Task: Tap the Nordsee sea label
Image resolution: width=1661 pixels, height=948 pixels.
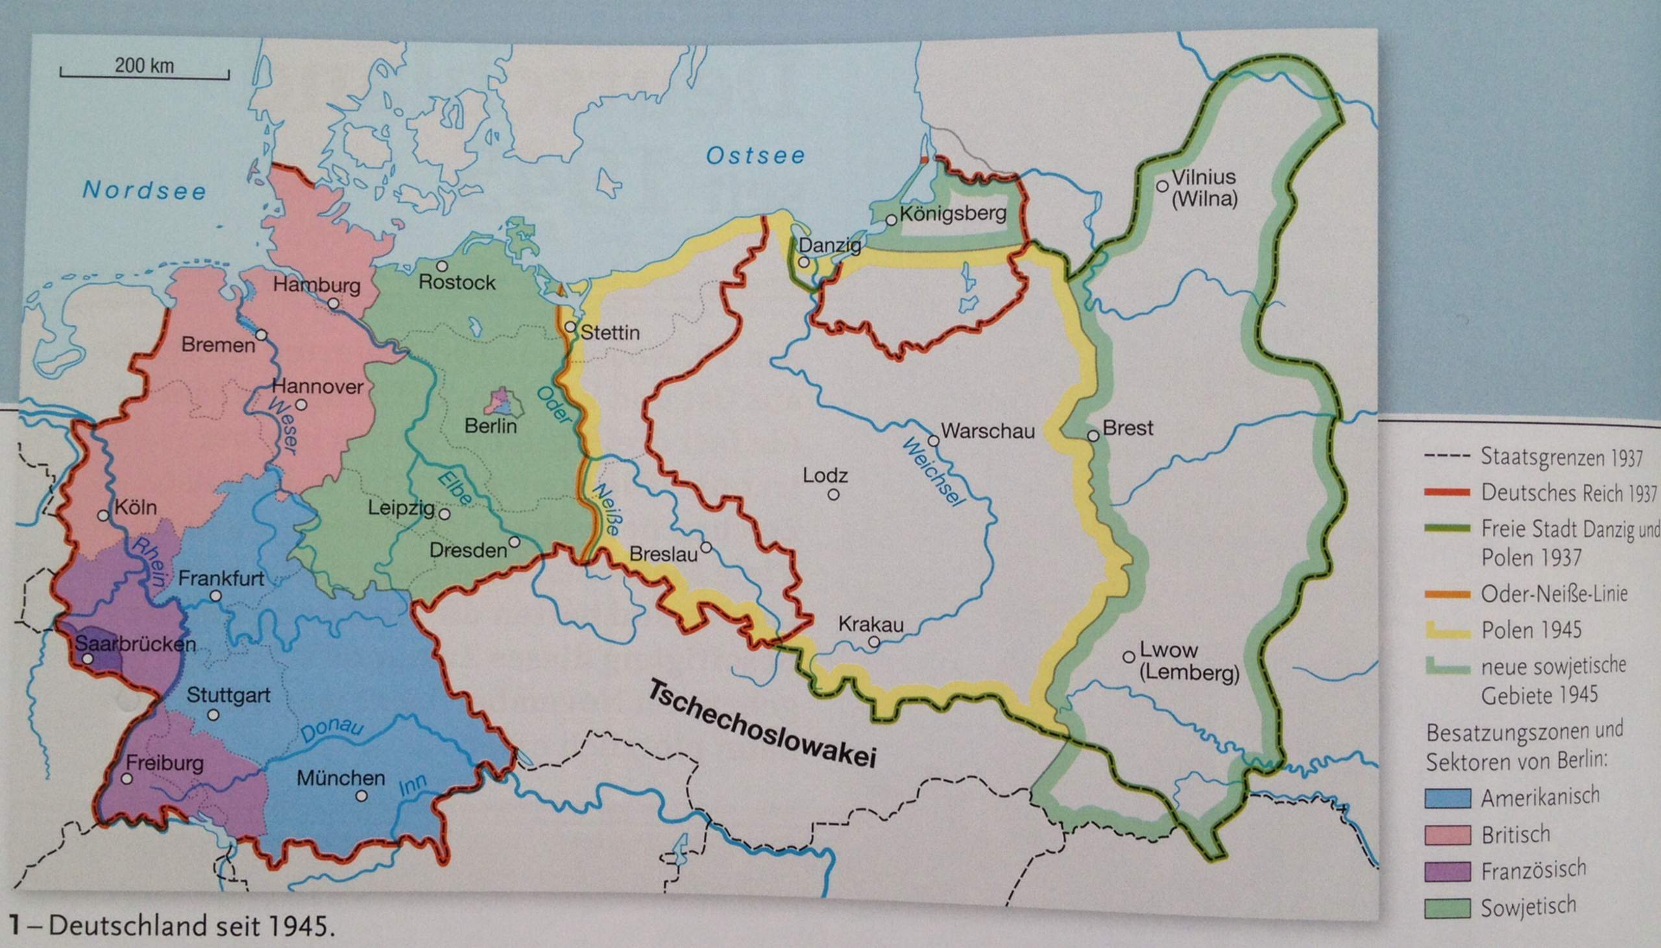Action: [144, 190]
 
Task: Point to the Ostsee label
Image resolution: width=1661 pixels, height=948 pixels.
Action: [756, 156]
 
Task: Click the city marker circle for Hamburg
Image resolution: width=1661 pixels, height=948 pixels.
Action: [333, 303]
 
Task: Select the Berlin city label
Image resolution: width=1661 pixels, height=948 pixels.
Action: [491, 427]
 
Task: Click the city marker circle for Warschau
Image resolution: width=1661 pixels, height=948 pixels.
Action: [933, 441]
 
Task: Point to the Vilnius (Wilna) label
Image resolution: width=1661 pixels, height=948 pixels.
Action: [1204, 187]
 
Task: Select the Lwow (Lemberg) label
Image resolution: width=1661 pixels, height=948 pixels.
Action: [1188, 663]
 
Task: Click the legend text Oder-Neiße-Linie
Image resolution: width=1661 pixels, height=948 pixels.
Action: [1554, 594]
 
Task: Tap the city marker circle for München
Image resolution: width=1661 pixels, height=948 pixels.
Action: [362, 796]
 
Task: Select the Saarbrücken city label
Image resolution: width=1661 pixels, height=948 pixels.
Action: [136, 644]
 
